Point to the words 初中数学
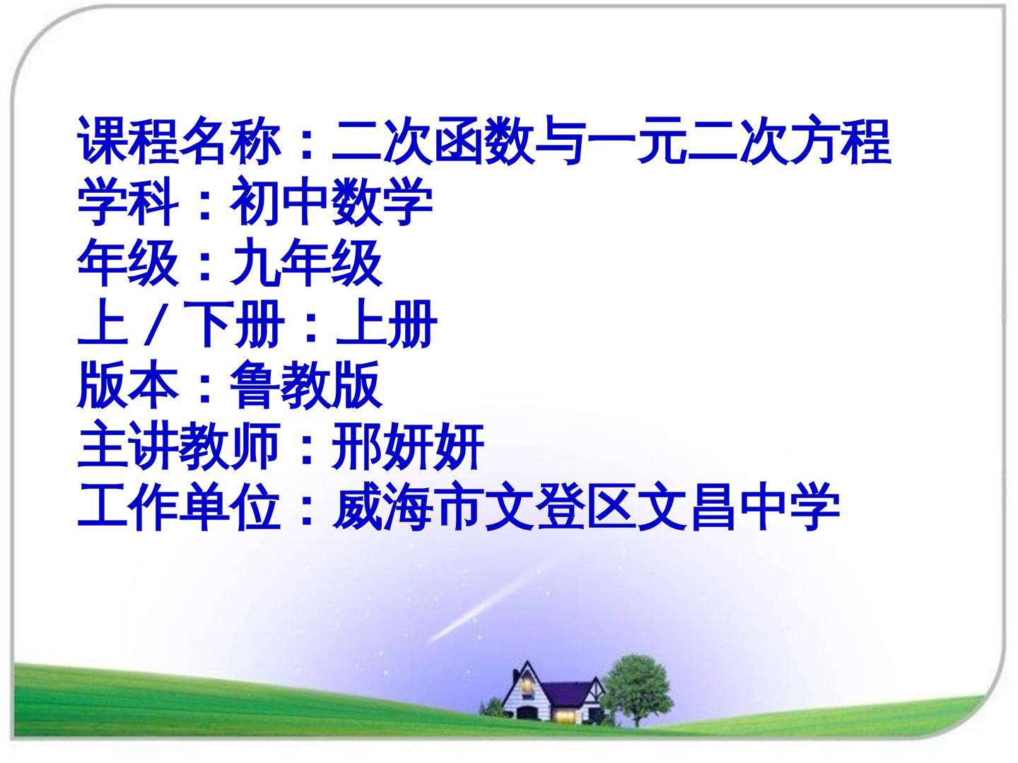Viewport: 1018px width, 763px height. [x=332, y=202]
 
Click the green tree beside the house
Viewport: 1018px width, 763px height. [x=637, y=680]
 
